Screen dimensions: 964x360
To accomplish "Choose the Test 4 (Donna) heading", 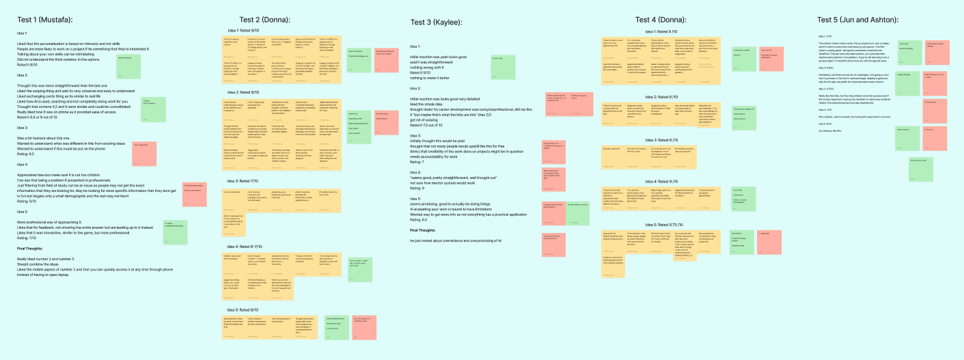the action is click(x=662, y=18).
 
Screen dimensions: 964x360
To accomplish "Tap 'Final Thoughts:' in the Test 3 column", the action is click(x=424, y=230).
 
